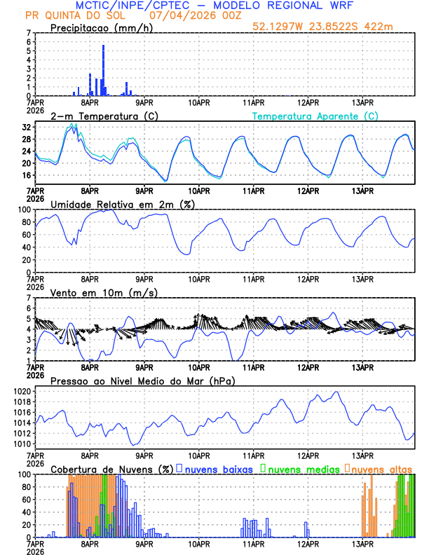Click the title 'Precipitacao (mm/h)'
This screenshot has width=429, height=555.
coord(101,28)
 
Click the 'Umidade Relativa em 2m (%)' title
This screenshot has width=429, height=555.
coord(123,204)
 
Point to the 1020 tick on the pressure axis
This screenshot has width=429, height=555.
coord(20,391)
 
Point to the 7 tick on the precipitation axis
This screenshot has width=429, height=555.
coord(28,33)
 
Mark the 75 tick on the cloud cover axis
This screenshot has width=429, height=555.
coord(25,490)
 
